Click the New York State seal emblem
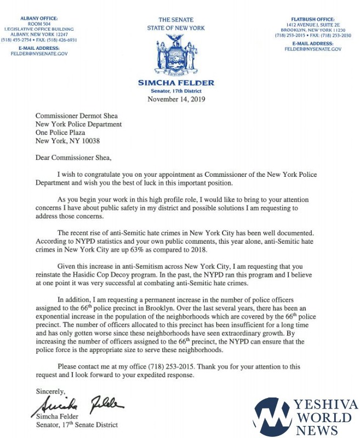point(176,56)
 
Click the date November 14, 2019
point(176,99)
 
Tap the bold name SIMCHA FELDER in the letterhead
point(176,83)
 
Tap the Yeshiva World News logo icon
point(272,418)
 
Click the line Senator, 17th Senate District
point(77,425)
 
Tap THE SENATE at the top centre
point(176,20)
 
